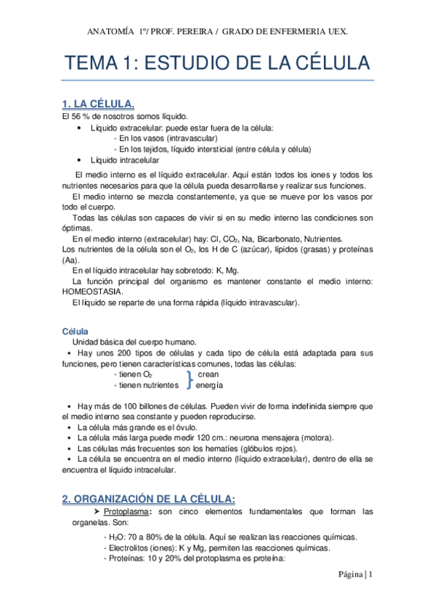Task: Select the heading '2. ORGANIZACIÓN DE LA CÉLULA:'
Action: [148, 498]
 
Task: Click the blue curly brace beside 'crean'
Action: [190, 379]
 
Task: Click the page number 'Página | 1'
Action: [355, 574]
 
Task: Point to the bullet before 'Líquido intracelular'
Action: [78, 160]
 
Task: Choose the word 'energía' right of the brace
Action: [209, 385]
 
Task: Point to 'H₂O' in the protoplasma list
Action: [115, 537]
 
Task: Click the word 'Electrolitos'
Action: [126, 548]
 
